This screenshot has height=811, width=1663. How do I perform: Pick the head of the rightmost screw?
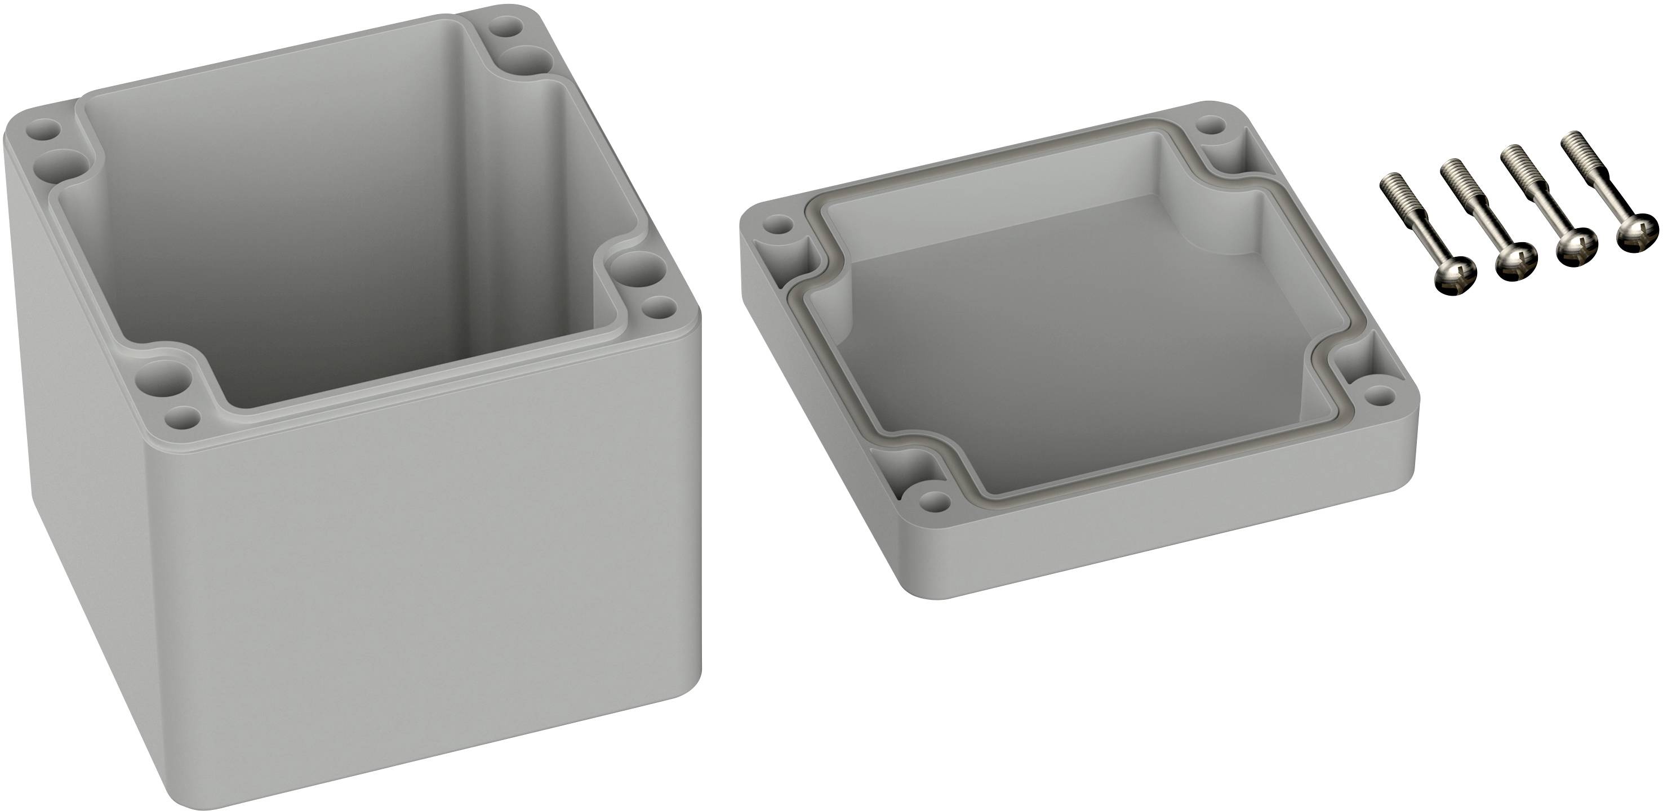tap(1637, 234)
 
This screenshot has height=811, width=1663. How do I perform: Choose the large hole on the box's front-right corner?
tap(632, 270)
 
